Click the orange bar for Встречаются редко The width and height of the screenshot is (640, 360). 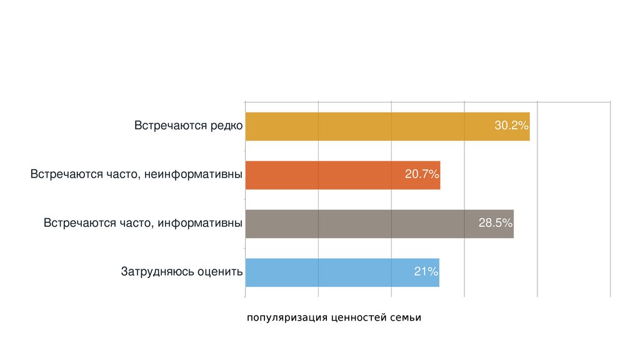pyautogui.click(x=362, y=126)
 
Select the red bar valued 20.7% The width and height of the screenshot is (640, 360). pyautogui.click(x=325, y=175)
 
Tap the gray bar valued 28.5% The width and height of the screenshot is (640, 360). pyautogui.click(x=356, y=224)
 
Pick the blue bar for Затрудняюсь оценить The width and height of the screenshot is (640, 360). pyautogui.click(x=325, y=272)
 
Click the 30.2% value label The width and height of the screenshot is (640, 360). pyautogui.click(x=512, y=126)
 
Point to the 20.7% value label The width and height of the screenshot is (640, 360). pyautogui.click(x=422, y=174)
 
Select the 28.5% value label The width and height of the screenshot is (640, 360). pyautogui.click(x=496, y=223)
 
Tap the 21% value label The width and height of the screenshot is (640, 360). pyautogui.click(x=426, y=272)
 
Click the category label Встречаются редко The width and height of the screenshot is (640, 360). pyautogui.click(x=188, y=126)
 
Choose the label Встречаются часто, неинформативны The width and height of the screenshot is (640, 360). pyautogui.click(x=136, y=174)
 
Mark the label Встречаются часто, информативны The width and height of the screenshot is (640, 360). pyautogui.click(x=143, y=223)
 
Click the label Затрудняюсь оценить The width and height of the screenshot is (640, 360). pyautogui.click(x=181, y=272)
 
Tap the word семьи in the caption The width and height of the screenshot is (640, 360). pyautogui.click(x=406, y=318)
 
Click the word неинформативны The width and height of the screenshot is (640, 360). pyautogui.click(x=194, y=174)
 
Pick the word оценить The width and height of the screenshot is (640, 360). pyautogui.click(x=219, y=272)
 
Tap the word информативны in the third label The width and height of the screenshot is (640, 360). pyautogui.click(x=200, y=223)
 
